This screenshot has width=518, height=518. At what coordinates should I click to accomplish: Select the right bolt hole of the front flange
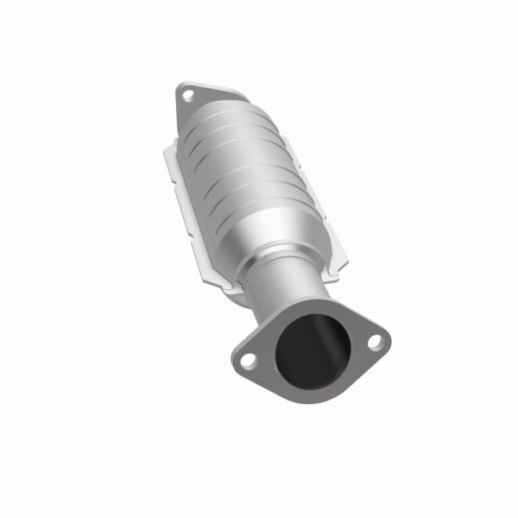[374, 342]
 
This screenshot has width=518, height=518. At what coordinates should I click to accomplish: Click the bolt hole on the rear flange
[188, 96]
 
